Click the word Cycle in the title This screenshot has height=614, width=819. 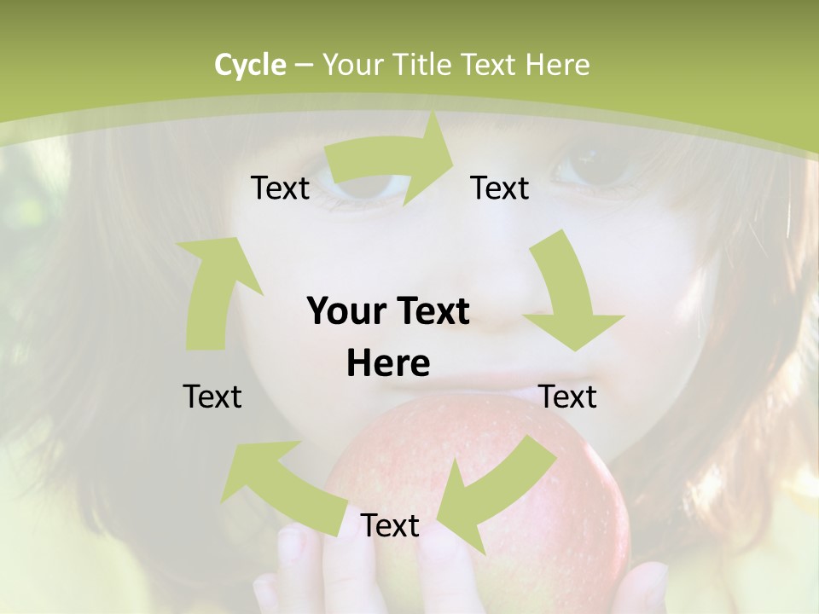coord(250,65)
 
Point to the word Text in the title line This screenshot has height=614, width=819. coord(489,65)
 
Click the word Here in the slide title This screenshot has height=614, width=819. coord(557,65)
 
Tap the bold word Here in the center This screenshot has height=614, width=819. coord(388,364)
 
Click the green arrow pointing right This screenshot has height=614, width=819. coord(392,162)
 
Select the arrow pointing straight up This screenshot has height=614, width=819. coord(218,290)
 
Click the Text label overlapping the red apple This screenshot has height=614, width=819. coord(390,525)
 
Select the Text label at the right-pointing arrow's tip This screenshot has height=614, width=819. coord(500,188)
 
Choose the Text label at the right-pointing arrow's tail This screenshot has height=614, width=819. coord(280,188)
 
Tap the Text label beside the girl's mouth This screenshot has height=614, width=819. coord(568,397)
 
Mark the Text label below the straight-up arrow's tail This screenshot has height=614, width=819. coord(212,397)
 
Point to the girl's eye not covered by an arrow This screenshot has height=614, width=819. coord(597,162)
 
